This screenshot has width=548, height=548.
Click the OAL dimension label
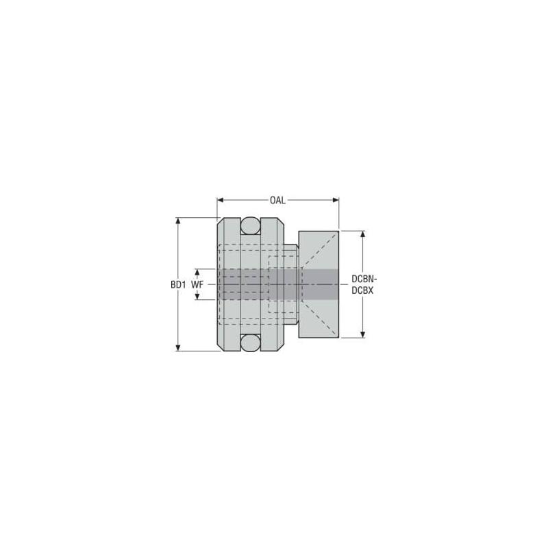pos(277,200)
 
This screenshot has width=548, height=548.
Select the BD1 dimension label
pos(178,285)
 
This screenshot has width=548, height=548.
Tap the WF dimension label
pos(197,285)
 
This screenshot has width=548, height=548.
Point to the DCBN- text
pos(364,279)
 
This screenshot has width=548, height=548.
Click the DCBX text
pos(362,290)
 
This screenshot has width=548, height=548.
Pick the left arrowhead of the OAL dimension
pos(220,200)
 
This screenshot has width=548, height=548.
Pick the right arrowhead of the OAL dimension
pos(336,200)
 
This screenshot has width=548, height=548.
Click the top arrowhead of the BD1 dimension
pos(178,221)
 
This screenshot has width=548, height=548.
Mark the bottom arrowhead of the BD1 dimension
pos(178,348)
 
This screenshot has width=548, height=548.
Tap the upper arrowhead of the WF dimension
pos(197,272)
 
